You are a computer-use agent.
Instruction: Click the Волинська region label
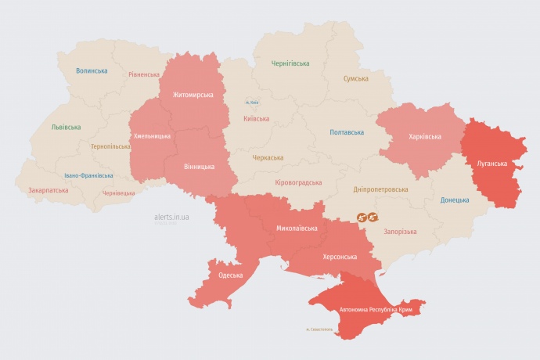tap(92, 70)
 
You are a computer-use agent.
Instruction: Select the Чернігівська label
tap(290, 63)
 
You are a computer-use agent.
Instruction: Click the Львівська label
tap(65, 127)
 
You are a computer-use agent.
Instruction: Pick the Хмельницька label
tap(152, 136)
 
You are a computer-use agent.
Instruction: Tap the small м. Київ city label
tap(252, 102)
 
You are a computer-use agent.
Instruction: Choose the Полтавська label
tap(347, 132)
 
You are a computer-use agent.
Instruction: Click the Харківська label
tap(424, 136)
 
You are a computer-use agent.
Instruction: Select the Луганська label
tap(492, 164)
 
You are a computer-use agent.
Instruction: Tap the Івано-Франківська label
tap(88, 176)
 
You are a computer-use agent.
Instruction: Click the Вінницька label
tap(197, 166)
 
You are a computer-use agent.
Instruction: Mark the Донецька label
tap(455, 200)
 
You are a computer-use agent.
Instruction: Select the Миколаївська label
tap(297, 229)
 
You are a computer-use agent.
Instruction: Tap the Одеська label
tap(230, 275)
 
